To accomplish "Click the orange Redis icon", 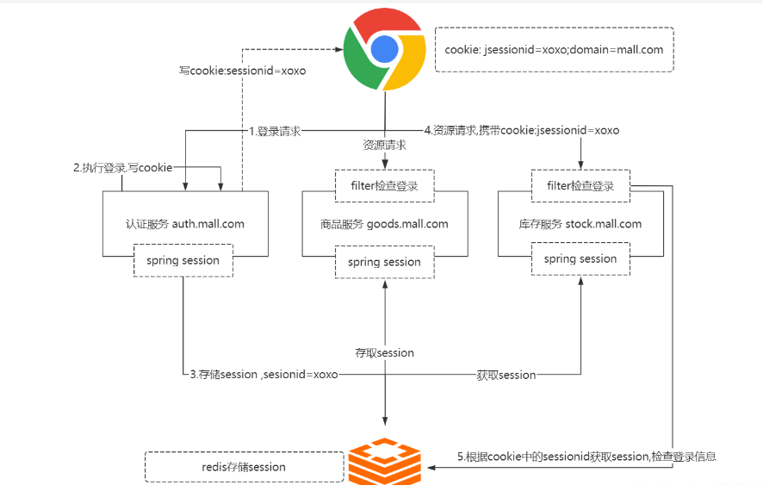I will [384, 461].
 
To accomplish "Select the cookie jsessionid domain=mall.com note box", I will [554, 49].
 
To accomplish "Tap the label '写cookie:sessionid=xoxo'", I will [242, 71].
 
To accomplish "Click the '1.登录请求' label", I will [276, 131].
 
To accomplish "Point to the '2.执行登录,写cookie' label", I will [122, 167].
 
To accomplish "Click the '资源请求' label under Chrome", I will [384, 146].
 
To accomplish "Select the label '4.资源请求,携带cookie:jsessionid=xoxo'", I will [522, 131].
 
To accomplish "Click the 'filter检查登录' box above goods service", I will [384, 186].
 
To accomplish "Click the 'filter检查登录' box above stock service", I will [580, 186].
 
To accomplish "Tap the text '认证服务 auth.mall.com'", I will [184, 224].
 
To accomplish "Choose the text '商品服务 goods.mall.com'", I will [384, 224].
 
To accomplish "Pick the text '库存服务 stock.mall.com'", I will [580, 224].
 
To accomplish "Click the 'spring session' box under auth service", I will [183, 261].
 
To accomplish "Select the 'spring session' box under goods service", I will [384, 262].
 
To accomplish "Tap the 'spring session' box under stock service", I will [580, 259].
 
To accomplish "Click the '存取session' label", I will [384, 353].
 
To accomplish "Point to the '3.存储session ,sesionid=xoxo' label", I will [264, 375].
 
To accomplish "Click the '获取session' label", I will [506, 375].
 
